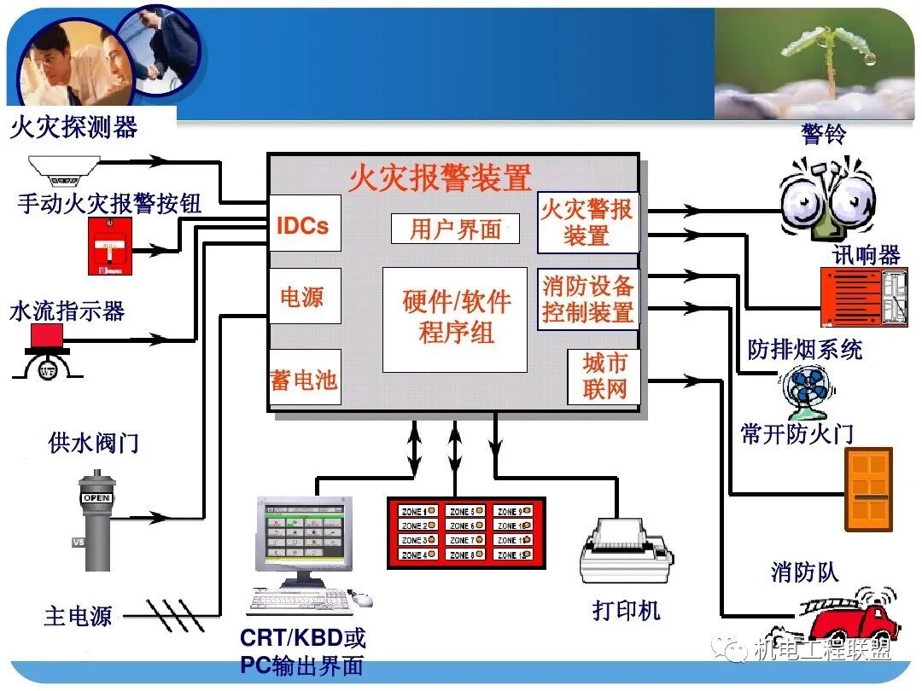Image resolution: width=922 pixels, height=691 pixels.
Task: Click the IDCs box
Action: [x=304, y=224]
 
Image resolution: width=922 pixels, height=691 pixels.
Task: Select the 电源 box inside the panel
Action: [x=304, y=296]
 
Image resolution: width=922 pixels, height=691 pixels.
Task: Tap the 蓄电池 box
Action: [x=304, y=377]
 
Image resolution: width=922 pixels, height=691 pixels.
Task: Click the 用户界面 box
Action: [x=455, y=229]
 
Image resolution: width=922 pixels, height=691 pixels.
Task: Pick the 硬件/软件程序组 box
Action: [x=455, y=318]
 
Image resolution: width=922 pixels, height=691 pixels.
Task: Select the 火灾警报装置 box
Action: [x=587, y=223]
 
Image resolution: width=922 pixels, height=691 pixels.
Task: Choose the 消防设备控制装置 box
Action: [x=587, y=299]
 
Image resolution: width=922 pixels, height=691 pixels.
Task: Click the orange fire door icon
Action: [x=868, y=489]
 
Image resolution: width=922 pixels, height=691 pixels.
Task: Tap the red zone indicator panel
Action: [x=465, y=532]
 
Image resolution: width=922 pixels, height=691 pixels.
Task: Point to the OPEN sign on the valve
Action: [x=96, y=498]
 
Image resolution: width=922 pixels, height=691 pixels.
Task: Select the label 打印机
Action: [x=626, y=611]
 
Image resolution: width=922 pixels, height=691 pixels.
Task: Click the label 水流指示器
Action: [x=67, y=311]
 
